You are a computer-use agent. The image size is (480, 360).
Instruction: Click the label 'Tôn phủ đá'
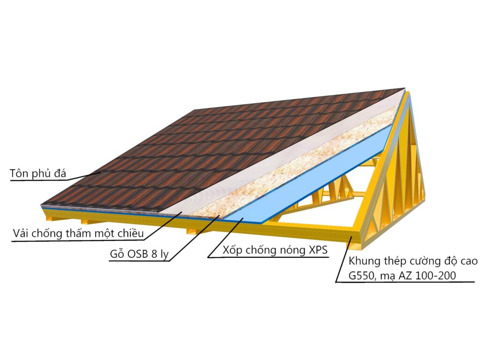38,173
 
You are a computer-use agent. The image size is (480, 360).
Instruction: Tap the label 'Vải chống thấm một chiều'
78,233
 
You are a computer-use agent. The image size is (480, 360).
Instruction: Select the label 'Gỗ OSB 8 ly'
139,254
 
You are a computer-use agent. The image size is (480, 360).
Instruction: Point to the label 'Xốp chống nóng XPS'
275,250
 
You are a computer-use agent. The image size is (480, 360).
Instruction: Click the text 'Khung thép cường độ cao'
413,261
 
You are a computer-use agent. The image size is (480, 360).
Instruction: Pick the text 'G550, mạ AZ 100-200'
402,276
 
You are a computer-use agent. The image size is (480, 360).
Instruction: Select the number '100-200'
436,276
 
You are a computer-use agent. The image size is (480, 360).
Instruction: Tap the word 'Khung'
364,261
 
